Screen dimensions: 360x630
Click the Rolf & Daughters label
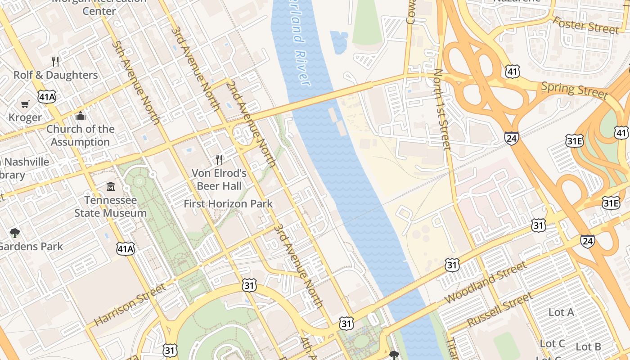pyautogui.click(x=55, y=75)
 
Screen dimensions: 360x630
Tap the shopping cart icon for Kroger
pyautogui.click(x=25, y=104)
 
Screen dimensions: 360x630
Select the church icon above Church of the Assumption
pyautogui.click(x=81, y=116)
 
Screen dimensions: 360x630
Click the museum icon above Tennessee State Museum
pyautogui.click(x=110, y=186)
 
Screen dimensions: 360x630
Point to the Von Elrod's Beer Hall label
pyautogui.click(x=219, y=180)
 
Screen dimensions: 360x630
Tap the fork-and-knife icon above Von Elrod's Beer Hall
pyautogui.click(x=219, y=159)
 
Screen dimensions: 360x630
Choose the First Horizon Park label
pyautogui.click(x=228, y=204)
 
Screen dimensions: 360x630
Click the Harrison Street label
pyautogui.click(x=130, y=305)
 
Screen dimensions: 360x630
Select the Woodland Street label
pyautogui.click(x=486, y=283)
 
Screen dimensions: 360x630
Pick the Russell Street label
pyautogui.click(x=500, y=310)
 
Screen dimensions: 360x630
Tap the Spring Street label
pyautogui.click(x=574, y=90)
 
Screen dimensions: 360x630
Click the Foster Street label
pyautogui.click(x=585, y=25)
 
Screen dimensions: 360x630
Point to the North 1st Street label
pyautogui.click(x=442, y=109)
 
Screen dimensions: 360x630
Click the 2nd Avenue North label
pyautogui.click(x=251, y=124)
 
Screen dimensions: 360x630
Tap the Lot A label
pyautogui.click(x=561, y=312)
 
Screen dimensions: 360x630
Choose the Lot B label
pyautogui.click(x=589, y=346)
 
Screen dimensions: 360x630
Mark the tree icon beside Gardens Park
pyautogui.click(x=14, y=233)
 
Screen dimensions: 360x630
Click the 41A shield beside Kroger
pyautogui.click(x=47, y=96)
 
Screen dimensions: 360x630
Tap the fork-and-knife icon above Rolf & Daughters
pyautogui.click(x=55, y=61)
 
